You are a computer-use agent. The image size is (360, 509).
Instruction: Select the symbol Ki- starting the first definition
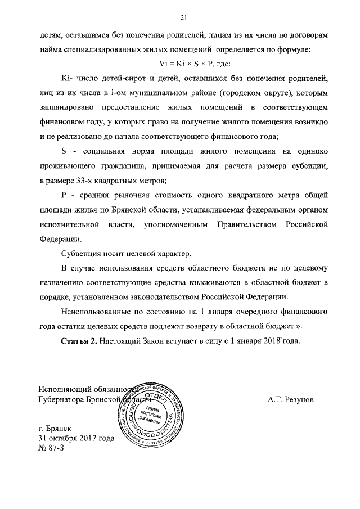tap(66, 78)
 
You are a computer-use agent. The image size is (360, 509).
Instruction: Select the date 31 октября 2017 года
tap(75, 438)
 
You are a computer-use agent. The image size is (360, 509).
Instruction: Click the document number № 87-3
tap(51, 448)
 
